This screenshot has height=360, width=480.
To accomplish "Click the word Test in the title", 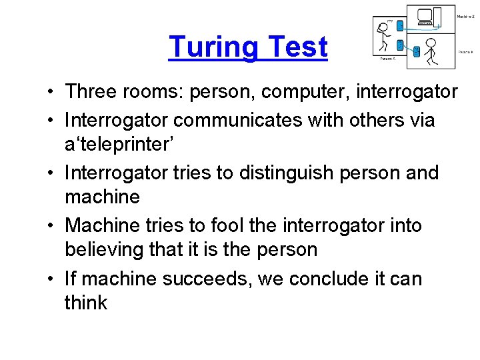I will click(x=297, y=47).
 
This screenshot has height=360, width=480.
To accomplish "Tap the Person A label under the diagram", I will click(x=387, y=59).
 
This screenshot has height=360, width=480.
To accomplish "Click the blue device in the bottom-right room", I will click(x=416, y=51).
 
